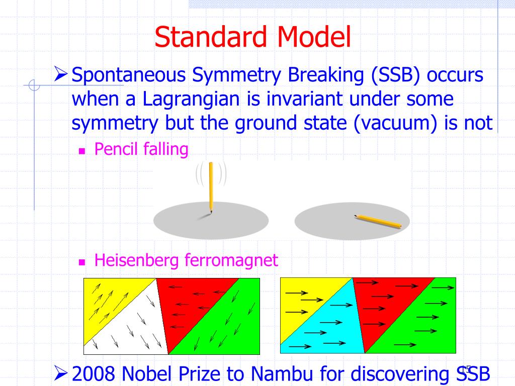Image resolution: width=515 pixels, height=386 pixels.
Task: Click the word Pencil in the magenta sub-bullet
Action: tap(116, 149)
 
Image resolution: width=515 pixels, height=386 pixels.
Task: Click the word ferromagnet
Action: tap(231, 261)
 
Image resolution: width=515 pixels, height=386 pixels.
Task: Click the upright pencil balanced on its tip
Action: tap(211, 187)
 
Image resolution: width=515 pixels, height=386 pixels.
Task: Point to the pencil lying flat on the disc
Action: tap(378, 222)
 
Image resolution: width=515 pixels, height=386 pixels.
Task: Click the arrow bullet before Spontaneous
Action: tap(61, 74)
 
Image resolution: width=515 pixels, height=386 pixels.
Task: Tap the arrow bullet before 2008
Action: tap(61, 373)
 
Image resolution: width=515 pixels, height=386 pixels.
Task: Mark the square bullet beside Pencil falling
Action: tap(82, 151)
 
